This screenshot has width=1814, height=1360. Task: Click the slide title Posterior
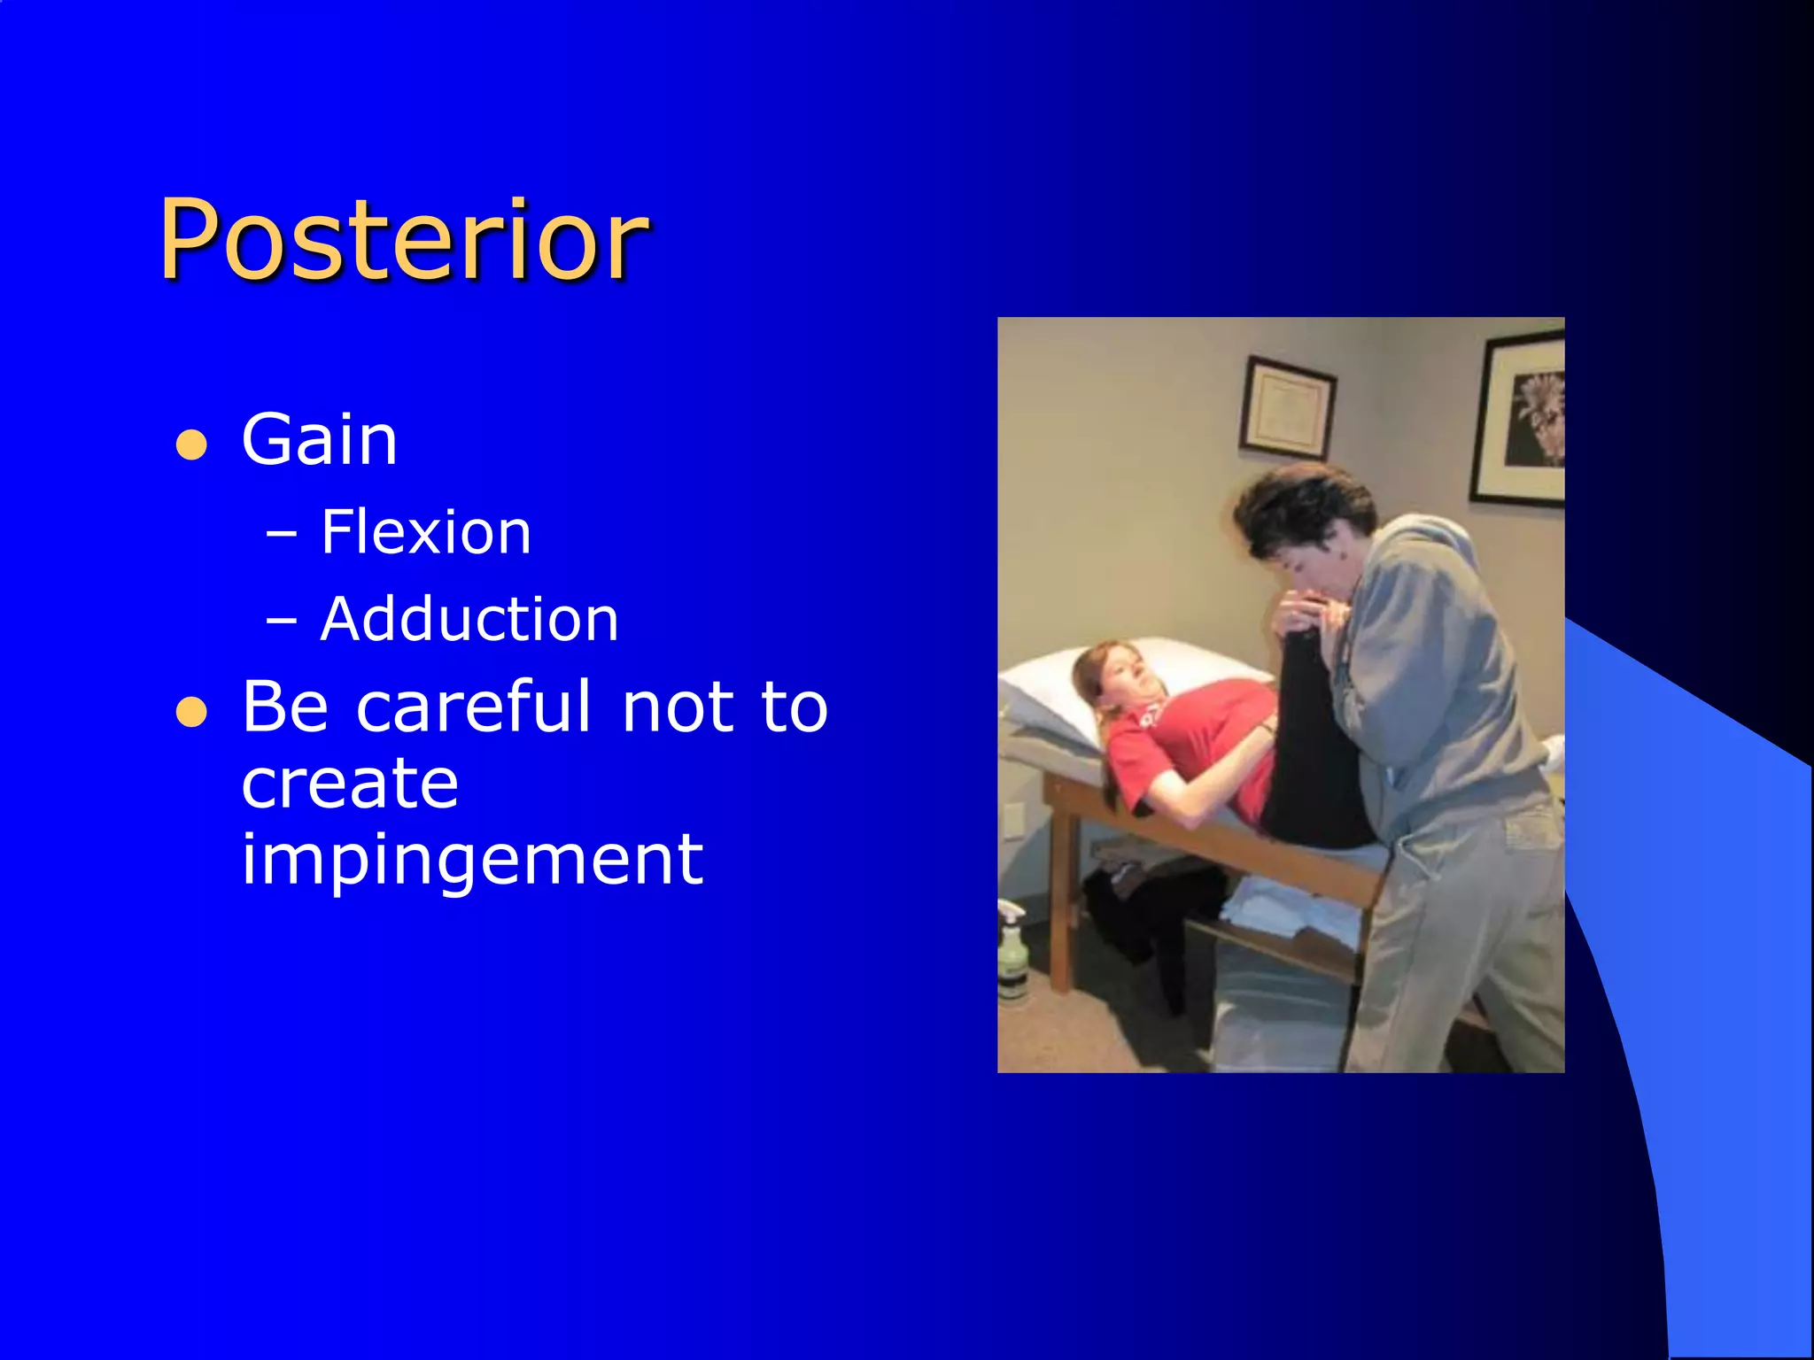point(403,239)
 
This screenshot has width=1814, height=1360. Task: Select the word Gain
point(319,440)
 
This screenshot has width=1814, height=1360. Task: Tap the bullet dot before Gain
point(191,444)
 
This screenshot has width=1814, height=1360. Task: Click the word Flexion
point(425,532)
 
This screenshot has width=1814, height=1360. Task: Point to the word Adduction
point(469,619)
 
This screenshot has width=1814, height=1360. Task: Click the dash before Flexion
point(282,535)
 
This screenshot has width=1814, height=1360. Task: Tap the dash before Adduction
point(282,622)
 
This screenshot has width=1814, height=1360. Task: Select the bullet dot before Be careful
point(191,711)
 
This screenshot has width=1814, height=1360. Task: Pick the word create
point(350,784)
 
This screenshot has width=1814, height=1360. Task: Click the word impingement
point(472,859)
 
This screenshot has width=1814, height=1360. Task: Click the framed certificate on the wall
point(1287,407)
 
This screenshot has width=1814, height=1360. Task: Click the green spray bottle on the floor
point(1012,956)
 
